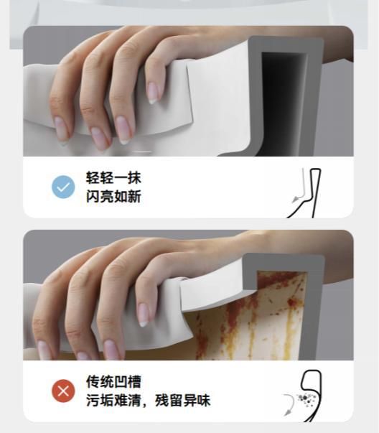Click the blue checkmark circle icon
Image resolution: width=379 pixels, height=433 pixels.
pyautogui.click(x=63, y=187)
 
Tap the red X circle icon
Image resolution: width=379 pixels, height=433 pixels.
pyautogui.click(x=63, y=391)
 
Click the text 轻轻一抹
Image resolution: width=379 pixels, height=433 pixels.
pyautogui.click(x=113, y=177)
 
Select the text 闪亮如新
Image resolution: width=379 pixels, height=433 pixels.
pyautogui.click(x=113, y=196)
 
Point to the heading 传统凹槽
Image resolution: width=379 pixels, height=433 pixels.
pyautogui.click(x=113, y=381)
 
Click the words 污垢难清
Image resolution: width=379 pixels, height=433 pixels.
pyautogui.click(x=113, y=400)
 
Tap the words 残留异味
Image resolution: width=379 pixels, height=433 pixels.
pyautogui.click(x=183, y=400)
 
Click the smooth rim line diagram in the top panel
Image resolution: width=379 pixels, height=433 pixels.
pyautogui.click(x=312, y=193)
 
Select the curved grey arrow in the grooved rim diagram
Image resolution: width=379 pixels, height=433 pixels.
pyautogui.click(x=290, y=404)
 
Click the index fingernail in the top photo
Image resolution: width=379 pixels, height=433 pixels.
pyautogui.click(x=153, y=93)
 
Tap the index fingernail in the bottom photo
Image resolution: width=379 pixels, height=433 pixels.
pyautogui.click(x=143, y=315)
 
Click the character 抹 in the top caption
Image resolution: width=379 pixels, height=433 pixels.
pyautogui.click(x=134, y=177)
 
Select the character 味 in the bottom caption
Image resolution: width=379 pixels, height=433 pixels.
pyautogui.click(x=204, y=400)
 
